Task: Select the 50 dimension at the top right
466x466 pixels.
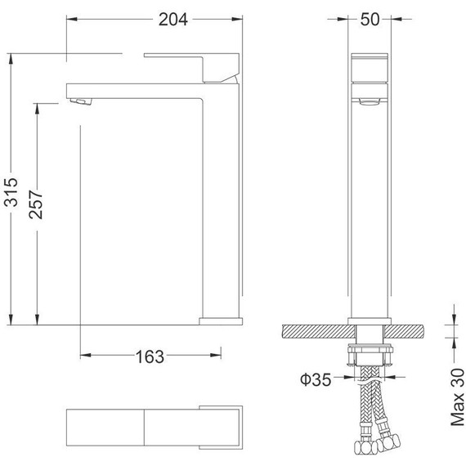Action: [x=370, y=20]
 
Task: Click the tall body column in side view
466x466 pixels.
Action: [x=221, y=204]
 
